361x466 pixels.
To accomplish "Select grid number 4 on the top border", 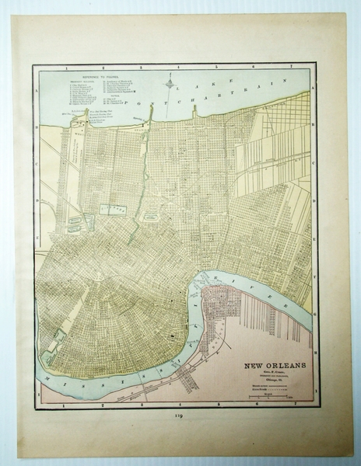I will point(178,67).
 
